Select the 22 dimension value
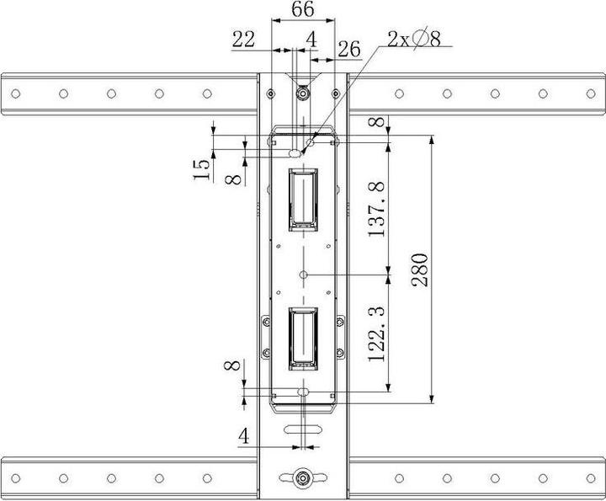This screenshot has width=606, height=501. [x=244, y=38]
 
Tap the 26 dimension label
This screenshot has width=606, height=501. [x=348, y=50]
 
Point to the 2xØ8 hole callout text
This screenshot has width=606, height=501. [x=414, y=38]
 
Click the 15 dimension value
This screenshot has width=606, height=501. [x=201, y=168]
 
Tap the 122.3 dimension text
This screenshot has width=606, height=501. [x=376, y=333]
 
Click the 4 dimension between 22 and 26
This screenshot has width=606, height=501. [x=311, y=38]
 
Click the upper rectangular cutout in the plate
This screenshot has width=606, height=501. [x=302, y=199]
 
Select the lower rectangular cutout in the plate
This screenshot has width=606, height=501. [x=302, y=338]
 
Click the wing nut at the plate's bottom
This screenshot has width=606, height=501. [x=302, y=477]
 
